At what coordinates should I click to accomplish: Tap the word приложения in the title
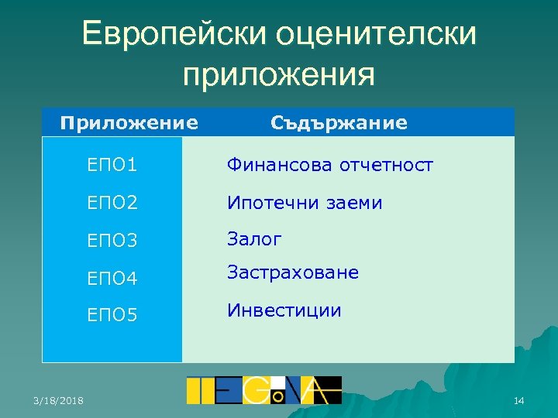point(278,75)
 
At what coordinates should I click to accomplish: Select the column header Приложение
point(129,122)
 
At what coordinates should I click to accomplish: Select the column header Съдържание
point(339,122)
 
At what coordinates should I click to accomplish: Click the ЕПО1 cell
point(113,166)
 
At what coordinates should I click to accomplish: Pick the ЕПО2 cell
point(113,204)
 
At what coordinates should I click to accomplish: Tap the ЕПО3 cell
point(113,241)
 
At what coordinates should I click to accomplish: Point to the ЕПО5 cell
point(113,315)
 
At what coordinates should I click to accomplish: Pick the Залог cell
point(254,240)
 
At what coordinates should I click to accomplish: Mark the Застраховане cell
point(292,272)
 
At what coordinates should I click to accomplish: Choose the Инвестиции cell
point(284,310)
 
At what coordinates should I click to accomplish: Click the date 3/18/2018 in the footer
point(60,400)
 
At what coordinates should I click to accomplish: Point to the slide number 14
point(518,400)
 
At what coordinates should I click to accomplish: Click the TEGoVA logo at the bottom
point(263,390)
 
